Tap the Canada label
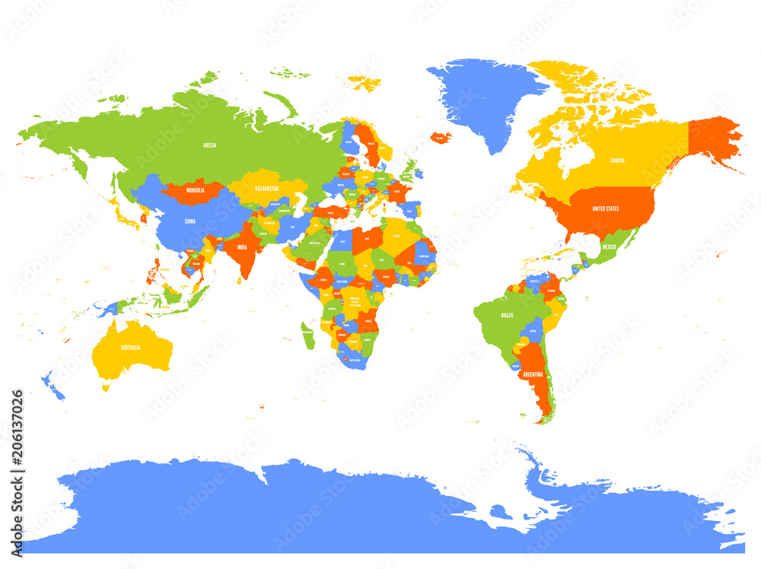618,161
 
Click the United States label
606,208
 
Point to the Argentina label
533,374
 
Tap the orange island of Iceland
440,138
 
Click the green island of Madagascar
307,335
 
